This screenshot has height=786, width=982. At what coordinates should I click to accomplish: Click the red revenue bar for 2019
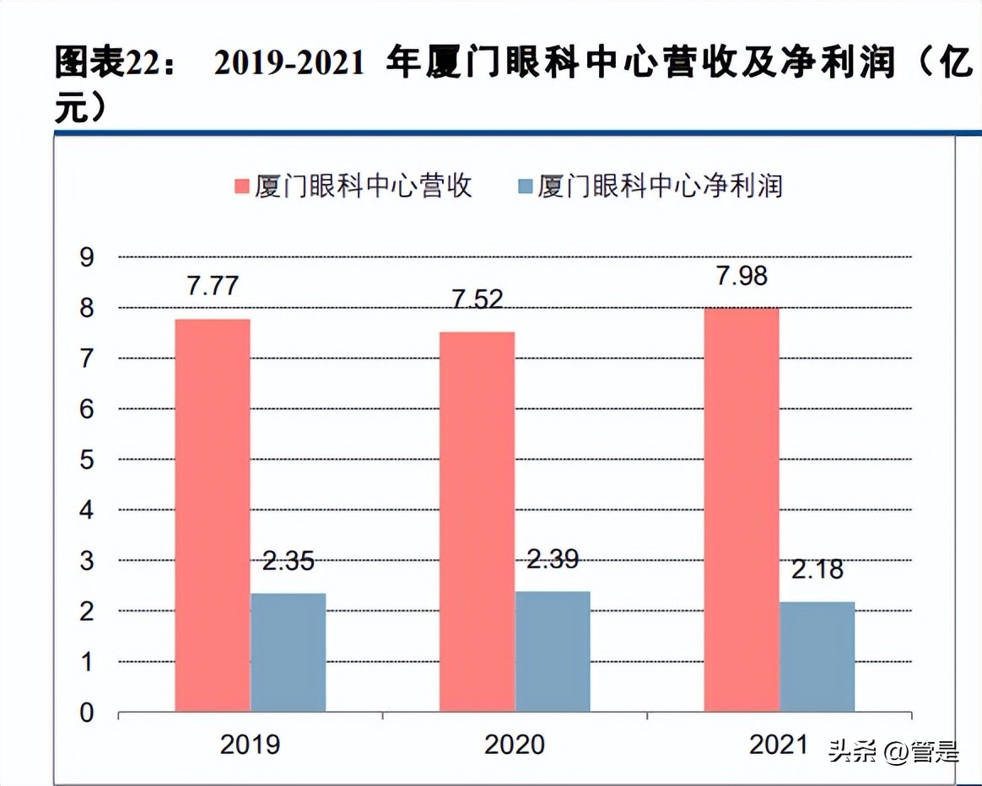[213, 515]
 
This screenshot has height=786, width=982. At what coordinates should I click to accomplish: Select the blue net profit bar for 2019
[288, 653]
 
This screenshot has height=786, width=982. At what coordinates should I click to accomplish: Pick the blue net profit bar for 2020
[553, 651]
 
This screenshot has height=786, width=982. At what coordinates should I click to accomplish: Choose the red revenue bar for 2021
[742, 509]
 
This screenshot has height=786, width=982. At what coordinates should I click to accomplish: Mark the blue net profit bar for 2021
[817, 657]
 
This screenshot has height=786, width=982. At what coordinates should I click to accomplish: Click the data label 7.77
[213, 285]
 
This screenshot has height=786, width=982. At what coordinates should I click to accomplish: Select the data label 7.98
[741, 276]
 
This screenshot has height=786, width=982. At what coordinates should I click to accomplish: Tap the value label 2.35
[288, 561]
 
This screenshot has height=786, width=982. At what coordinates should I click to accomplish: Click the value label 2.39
[553, 558]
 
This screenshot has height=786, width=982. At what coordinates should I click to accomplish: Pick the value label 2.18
[817, 569]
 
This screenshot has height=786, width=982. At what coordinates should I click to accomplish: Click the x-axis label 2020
[515, 744]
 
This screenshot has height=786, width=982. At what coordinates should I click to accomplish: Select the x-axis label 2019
[250, 744]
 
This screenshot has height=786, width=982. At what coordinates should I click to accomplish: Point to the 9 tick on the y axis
[87, 257]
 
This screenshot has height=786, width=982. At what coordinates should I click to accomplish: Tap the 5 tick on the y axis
[87, 460]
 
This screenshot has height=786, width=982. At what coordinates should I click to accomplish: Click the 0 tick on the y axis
[87, 713]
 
